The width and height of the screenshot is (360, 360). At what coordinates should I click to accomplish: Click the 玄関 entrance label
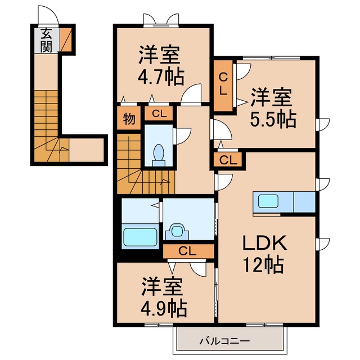[x=46, y=40]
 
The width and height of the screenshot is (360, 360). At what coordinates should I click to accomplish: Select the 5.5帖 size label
[x=273, y=119]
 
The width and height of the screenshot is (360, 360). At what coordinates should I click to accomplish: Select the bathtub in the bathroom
[x=140, y=236]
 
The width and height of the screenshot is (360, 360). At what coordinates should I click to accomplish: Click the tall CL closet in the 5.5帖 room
[x=223, y=84]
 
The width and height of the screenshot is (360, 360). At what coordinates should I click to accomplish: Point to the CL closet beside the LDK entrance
[x=227, y=160]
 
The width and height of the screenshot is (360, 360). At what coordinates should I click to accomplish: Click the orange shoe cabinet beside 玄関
[x=66, y=39]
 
